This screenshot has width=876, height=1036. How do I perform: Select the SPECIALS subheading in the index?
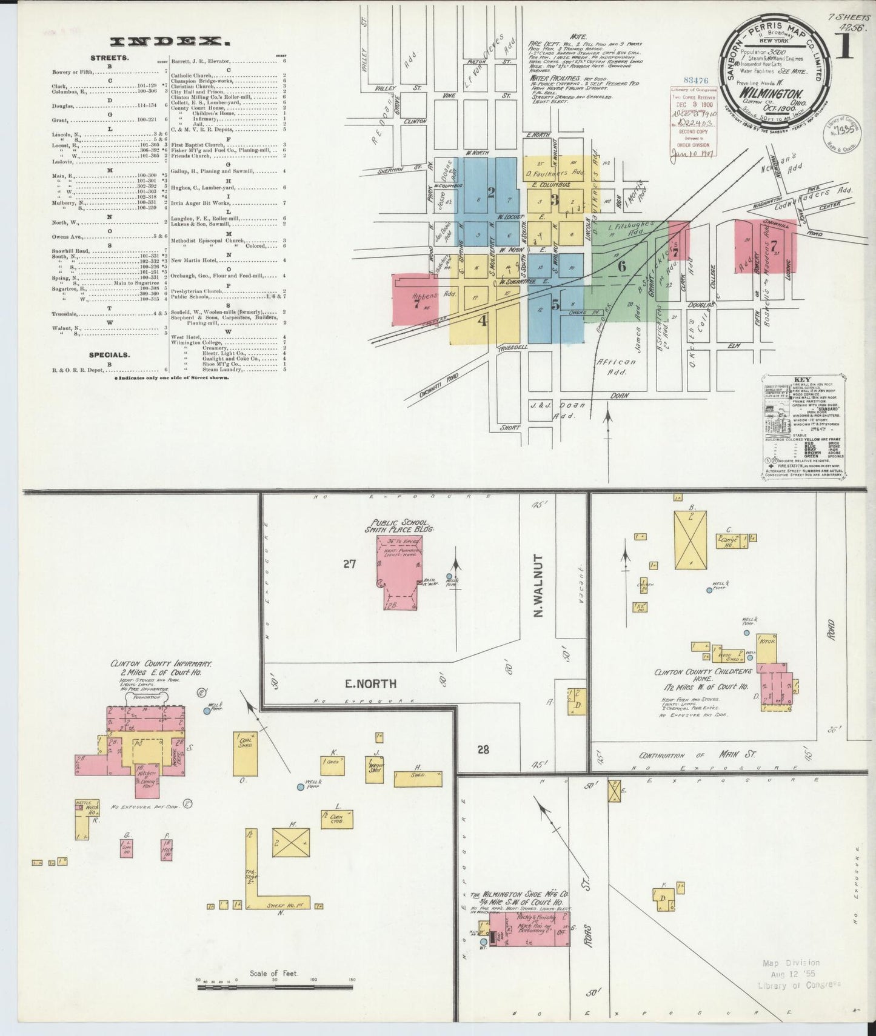tap(109, 355)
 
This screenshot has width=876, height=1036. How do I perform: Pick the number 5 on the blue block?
tap(555, 305)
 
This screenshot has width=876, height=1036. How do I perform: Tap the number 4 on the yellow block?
tap(483, 320)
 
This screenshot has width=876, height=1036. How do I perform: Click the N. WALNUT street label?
tap(538, 586)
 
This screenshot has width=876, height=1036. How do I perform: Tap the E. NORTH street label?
tap(370, 683)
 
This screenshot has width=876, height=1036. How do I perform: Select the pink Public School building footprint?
tap(398, 569)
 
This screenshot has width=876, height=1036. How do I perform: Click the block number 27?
tap(349, 564)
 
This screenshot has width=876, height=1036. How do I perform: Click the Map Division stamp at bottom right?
tap(792, 980)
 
